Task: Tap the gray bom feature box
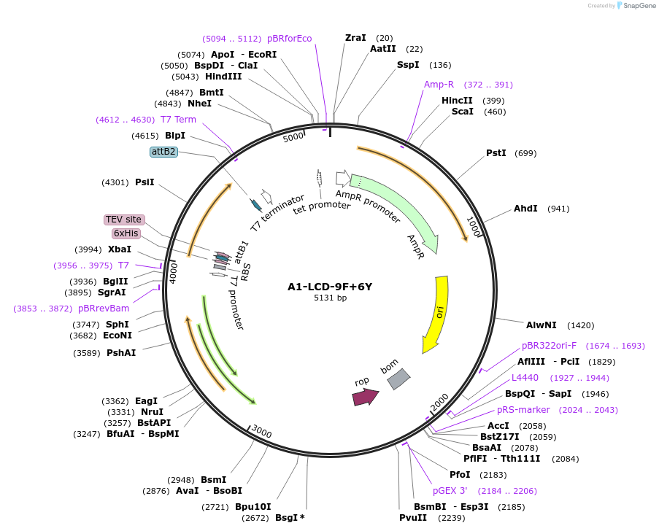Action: [398, 378]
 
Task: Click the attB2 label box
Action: [163, 152]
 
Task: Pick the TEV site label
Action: [124, 220]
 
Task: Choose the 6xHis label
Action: [126, 233]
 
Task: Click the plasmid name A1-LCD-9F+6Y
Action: [330, 287]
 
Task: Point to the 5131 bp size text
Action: [330, 298]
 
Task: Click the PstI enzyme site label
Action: [496, 153]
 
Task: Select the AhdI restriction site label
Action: [525, 209]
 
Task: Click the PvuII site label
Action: [413, 518]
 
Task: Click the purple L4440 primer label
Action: [525, 378]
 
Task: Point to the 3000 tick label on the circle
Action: [261, 433]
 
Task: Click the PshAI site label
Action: [121, 353]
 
